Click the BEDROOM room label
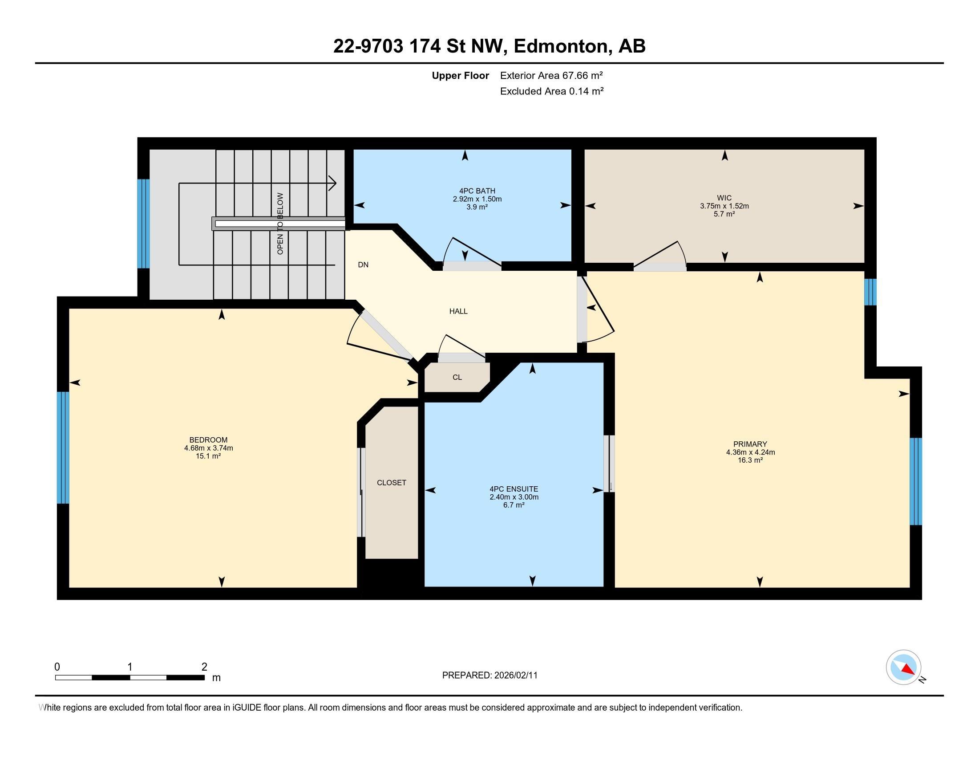(x=208, y=440)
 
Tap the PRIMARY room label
(x=750, y=444)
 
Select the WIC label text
(x=724, y=198)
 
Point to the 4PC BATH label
(x=477, y=191)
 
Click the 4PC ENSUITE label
(x=514, y=489)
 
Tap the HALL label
(x=458, y=311)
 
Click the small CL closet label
(x=457, y=377)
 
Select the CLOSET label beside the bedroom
(x=392, y=483)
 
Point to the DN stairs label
(x=363, y=265)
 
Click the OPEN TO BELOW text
(x=281, y=224)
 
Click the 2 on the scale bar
(x=204, y=667)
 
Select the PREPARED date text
(x=489, y=676)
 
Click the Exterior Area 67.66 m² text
(x=551, y=75)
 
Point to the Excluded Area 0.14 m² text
(x=552, y=91)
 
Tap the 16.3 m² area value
(x=750, y=460)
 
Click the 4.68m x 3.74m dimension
(x=208, y=448)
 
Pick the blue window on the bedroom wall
(x=63, y=448)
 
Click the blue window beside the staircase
(x=143, y=224)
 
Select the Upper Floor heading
(x=461, y=75)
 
